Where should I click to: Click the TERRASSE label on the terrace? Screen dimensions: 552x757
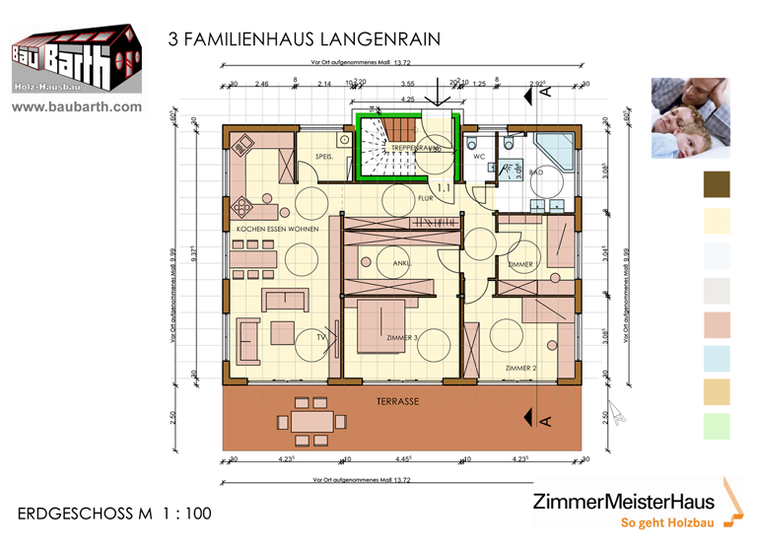[397, 402]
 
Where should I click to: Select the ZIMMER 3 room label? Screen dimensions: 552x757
[401, 338]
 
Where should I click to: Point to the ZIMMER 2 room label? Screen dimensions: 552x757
[519, 368]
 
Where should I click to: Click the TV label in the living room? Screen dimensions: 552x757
[320, 337]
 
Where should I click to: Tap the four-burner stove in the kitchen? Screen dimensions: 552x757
[241, 207]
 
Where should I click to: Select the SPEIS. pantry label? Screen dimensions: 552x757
[324, 158]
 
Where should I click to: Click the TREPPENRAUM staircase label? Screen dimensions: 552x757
[412, 148]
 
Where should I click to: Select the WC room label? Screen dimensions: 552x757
[478, 157]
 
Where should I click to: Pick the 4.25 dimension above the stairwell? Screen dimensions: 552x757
[407, 100]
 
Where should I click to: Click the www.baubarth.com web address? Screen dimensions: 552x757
[77, 106]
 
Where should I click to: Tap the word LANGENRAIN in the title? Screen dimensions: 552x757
[377, 38]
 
